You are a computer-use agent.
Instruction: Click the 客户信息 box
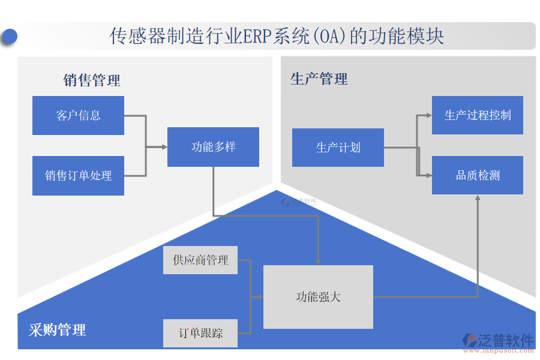click(78, 115)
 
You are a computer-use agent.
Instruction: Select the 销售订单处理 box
click(78, 176)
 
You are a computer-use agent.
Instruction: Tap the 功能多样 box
click(213, 147)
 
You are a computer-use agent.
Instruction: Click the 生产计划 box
click(338, 148)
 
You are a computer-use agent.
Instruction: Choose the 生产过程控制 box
click(477, 115)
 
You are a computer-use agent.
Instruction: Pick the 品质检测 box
click(477, 175)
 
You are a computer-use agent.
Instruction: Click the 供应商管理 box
click(200, 260)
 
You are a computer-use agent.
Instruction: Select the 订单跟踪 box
click(200, 333)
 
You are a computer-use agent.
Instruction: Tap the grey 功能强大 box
click(318, 297)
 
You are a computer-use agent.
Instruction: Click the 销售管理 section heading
click(92, 80)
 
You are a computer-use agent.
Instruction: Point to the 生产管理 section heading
click(319, 79)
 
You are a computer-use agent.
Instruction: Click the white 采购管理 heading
click(57, 329)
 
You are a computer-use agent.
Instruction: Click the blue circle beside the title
click(9, 37)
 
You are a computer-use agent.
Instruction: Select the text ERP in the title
click(256, 36)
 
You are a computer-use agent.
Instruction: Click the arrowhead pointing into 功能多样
click(164, 146)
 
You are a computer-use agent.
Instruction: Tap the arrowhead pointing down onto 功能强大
click(318, 262)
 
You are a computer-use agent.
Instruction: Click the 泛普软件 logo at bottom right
click(498, 343)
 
